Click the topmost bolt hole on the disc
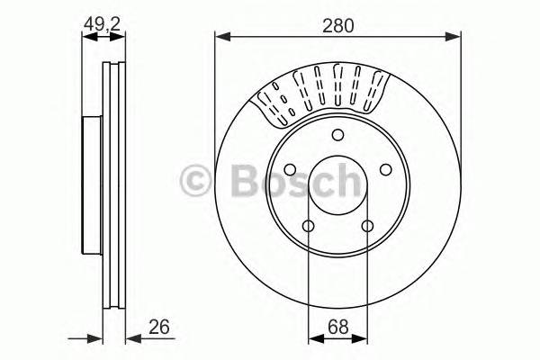(x=337, y=136)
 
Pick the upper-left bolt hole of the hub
(x=290, y=171)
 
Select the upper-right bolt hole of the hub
(x=385, y=171)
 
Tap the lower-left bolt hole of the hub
(x=308, y=227)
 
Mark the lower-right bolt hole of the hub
(x=366, y=227)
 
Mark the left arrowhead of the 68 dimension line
(x=314, y=338)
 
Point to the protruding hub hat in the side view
(x=92, y=184)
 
